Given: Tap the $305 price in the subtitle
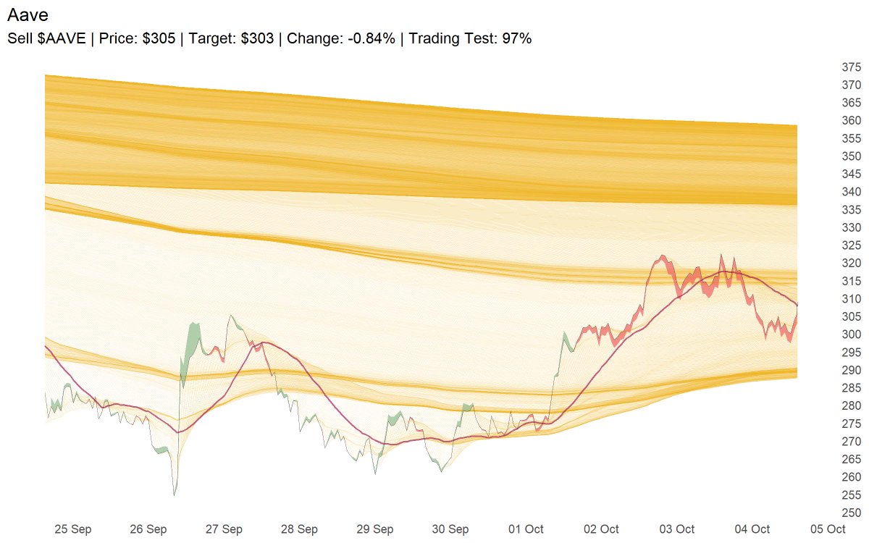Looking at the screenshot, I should (x=159, y=38).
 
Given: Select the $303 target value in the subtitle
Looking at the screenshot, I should (x=258, y=38).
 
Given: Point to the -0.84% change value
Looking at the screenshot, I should (x=370, y=38).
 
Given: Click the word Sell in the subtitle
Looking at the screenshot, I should (x=21, y=38).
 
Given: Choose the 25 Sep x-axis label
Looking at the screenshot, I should (x=73, y=529).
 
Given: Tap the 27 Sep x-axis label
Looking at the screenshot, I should (x=224, y=529).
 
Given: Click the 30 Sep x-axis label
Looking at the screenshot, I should (x=450, y=529).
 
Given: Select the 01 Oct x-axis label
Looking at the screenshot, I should (x=526, y=529).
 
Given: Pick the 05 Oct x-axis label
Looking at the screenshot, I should (x=828, y=529).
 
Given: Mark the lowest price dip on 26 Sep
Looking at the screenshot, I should (x=175, y=494).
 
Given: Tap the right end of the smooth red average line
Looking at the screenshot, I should (x=797, y=304).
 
